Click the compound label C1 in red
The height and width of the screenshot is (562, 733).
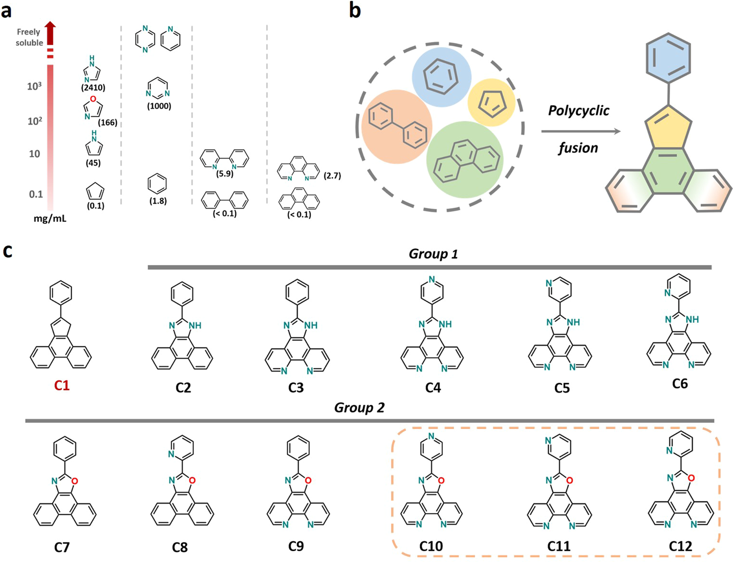coord(62,386)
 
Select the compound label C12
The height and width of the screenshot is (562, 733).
coord(680,546)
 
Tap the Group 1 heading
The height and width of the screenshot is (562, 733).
coord(433,254)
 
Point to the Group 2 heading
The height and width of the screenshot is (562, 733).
coord(359,408)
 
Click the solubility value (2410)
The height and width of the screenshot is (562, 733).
coord(93,88)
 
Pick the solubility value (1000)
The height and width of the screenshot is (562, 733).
coord(159,106)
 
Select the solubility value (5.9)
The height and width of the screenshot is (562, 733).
coord(225,173)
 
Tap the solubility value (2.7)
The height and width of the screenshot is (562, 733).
coord(332,175)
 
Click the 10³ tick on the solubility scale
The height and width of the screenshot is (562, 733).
coord(34,86)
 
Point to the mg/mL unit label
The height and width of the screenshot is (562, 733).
coord(50,218)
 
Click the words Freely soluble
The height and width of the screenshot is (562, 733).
coord(29,37)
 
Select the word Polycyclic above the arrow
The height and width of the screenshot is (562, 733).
coord(579,111)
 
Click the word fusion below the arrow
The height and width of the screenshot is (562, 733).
coord(578,148)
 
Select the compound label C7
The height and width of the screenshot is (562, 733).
coord(62,546)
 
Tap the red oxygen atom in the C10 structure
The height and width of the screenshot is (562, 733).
coord(441,480)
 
